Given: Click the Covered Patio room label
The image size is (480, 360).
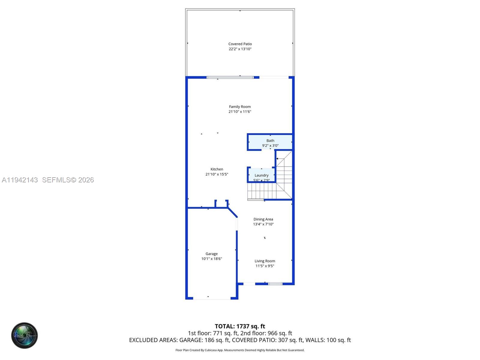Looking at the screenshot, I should pyautogui.click(x=240, y=44).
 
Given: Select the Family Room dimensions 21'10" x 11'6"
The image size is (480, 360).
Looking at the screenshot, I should pyautogui.click(x=240, y=112).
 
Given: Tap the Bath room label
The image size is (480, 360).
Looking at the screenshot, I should pyautogui.click(x=270, y=140).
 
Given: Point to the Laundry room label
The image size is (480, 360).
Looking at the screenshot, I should pyautogui.click(x=261, y=175).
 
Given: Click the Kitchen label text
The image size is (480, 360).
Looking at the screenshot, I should pyautogui.click(x=217, y=169).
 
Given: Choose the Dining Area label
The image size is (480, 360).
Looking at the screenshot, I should pyautogui.click(x=263, y=219).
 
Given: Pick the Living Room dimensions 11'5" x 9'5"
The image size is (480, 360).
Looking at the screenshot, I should pyautogui.click(x=265, y=266).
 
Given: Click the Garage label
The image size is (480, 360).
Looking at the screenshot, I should pyautogui.click(x=211, y=254).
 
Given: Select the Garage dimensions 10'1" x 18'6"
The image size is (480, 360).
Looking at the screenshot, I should pyautogui.click(x=211, y=259).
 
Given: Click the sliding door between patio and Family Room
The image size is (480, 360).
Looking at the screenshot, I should pyautogui.click(x=230, y=77).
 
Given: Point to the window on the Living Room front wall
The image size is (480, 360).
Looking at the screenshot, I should pyautogui.click(x=275, y=284).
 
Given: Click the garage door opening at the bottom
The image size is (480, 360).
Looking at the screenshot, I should pyautogui.click(x=211, y=298).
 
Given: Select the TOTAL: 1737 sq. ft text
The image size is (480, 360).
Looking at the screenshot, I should pyautogui.click(x=240, y=326).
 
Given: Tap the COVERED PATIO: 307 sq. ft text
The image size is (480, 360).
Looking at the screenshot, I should pyautogui.click(x=268, y=340).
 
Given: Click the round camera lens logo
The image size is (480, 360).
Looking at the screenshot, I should pyautogui.click(x=25, y=335).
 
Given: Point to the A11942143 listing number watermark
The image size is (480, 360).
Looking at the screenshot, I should pyautogui.click(x=20, y=180).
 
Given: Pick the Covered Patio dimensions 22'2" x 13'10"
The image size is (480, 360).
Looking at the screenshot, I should pyautogui.click(x=240, y=49).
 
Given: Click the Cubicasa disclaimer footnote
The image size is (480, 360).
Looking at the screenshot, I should pyautogui.click(x=240, y=350).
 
